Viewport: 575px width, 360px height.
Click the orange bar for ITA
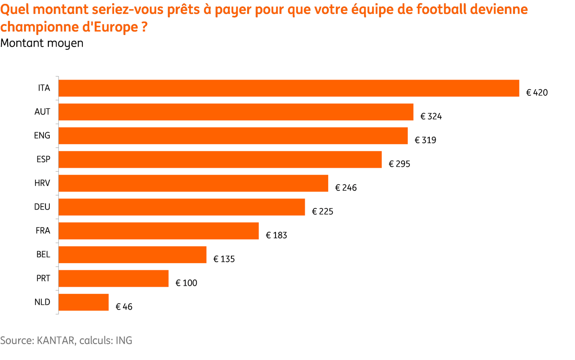pos(289,88)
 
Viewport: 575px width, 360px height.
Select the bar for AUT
pos(236,112)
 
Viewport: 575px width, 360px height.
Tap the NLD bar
pos(83,302)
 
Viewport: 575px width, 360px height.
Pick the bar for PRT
pos(114,279)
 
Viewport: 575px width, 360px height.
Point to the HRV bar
pos(193,183)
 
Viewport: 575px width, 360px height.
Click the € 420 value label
pos(537,93)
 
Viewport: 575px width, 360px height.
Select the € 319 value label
pos(425,140)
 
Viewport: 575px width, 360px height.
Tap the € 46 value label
pos(124,307)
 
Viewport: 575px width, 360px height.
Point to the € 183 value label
pos(276,235)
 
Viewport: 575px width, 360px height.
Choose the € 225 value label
pos(322,211)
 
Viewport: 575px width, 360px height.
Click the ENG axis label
pos(42,136)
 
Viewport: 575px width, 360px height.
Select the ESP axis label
pos(44,160)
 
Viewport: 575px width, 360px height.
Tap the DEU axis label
pos(42,207)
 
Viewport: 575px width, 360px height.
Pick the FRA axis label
pos(43,231)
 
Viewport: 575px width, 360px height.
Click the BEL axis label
pos(43,255)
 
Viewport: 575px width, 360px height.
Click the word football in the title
pos(441,10)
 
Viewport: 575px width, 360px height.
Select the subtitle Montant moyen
pos(42,44)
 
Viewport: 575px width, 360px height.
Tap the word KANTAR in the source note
pos(56,341)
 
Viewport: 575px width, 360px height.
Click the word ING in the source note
pos(124,341)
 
